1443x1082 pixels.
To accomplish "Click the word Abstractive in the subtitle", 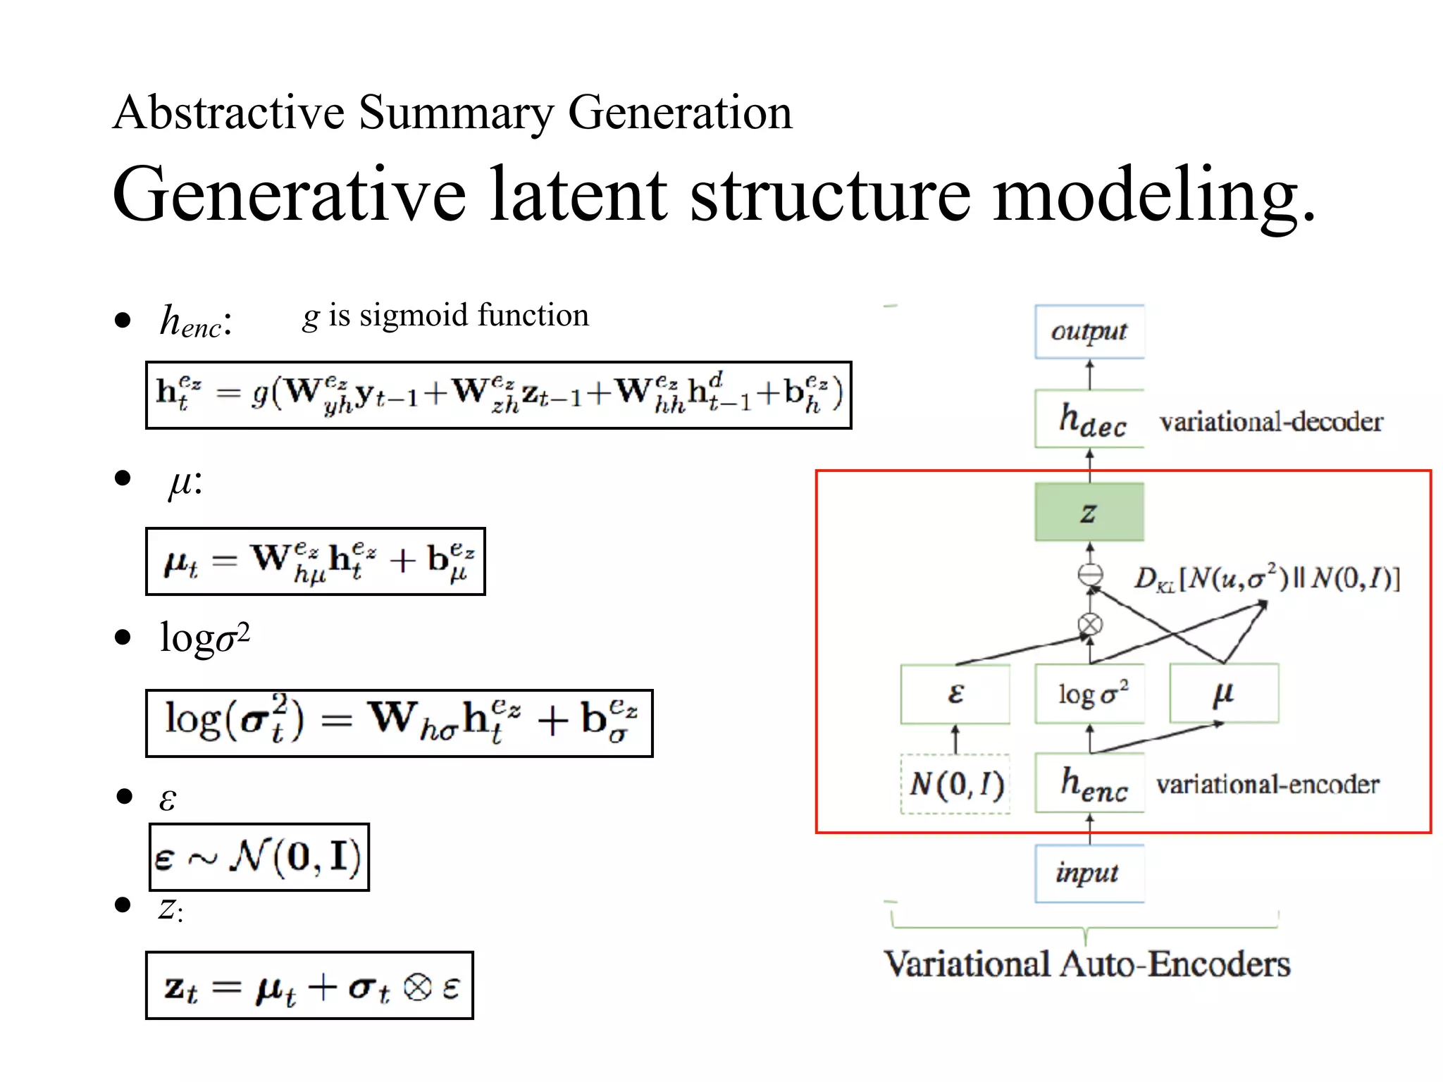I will pyautogui.click(x=228, y=113).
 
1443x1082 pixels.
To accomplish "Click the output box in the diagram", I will pyautogui.click(x=1089, y=332).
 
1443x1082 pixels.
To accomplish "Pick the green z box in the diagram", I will pyautogui.click(x=1089, y=512).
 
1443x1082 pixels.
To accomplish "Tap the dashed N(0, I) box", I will pyautogui.click(x=955, y=784).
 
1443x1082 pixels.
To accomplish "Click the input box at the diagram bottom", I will pyautogui.click(x=1089, y=873).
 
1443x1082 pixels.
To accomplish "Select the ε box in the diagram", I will pyautogui.click(x=955, y=694).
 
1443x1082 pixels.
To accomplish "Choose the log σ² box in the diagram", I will pyautogui.click(x=1090, y=694).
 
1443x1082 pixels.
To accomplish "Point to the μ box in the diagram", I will pyautogui.click(x=1224, y=694).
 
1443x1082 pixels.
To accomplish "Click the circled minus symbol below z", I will pyautogui.click(x=1090, y=575).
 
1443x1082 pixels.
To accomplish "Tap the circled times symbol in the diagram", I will pyautogui.click(x=1090, y=624).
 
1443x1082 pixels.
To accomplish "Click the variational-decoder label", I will pyautogui.click(x=1270, y=422).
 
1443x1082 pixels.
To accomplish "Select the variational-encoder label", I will pyautogui.click(x=1267, y=784).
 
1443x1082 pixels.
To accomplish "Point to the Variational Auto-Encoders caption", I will pyautogui.click(x=1087, y=964).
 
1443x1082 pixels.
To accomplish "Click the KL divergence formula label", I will pyautogui.click(x=1266, y=578).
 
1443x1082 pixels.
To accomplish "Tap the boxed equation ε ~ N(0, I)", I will pyautogui.click(x=259, y=857).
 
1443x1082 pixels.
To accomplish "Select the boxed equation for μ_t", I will pyautogui.click(x=316, y=561).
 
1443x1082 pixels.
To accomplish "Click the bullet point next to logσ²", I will pyautogui.click(x=123, y=638).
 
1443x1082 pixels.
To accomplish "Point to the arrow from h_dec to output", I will pyautogui.click(x=1090, y=375).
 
